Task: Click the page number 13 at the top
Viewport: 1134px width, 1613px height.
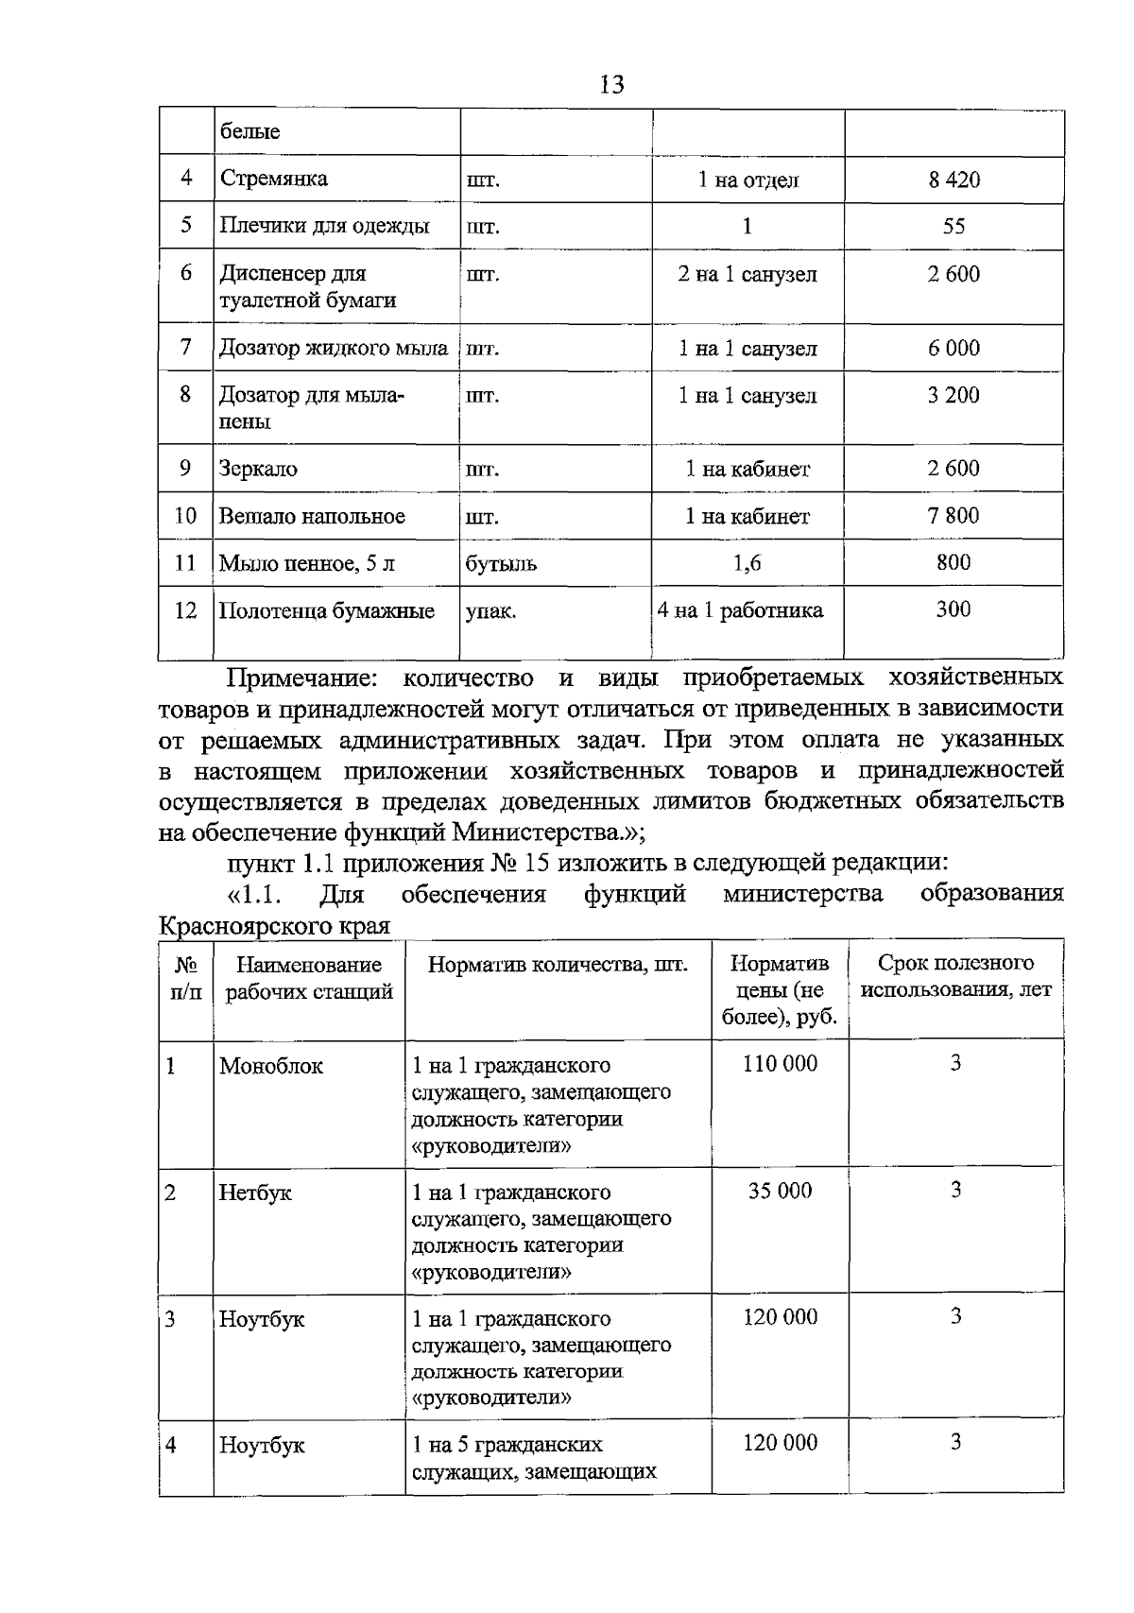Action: click(x=611, y=85)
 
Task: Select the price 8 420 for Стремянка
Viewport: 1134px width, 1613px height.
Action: click(x=954, y=180)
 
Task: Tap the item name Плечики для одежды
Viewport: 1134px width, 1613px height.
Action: click(x=324, y=226)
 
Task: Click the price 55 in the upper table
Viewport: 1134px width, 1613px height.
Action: click(x=954, y=226)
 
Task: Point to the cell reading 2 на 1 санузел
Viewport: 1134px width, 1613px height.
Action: click(x=747, y=275)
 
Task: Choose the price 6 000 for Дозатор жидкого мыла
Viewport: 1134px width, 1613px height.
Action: click(x=954, y=348)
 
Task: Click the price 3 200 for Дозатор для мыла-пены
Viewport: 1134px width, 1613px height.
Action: click(x=954, y=395)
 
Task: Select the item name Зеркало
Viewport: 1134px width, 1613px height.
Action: click(x=258, y=469)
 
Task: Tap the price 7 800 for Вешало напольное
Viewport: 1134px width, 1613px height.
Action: click(x=954, y=516)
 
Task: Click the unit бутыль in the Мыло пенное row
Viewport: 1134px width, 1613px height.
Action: click(x=501, y=564)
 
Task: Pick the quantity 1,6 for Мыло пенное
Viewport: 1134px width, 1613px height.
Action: click(x=747, y=564)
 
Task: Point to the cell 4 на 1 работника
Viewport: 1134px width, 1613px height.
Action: click(x=741, y=610)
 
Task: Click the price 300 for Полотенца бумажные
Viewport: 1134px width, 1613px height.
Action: click(x=953, y=609)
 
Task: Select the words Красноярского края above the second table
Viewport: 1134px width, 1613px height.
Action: click(x=274, y=925)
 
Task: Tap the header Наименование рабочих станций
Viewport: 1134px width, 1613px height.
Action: click(x=309, y=978)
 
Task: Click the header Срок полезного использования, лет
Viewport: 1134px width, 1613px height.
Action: click(x=955, y=977)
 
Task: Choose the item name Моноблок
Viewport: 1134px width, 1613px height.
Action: click(x=271, y=1066)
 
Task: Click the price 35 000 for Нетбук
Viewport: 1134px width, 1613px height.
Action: click(x=780, y=1191)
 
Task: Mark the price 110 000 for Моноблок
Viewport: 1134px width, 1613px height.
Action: click(x=780, y=1064)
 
